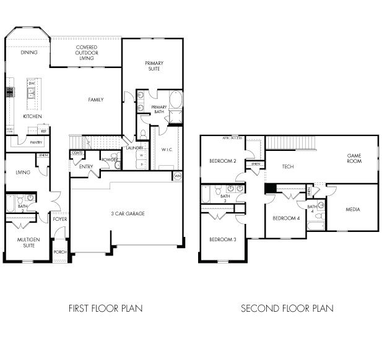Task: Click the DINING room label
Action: [x=28, y=53]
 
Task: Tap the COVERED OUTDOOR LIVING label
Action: [x=86, y=53]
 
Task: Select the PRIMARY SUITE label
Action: [x=154, y=66]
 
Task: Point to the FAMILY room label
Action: [x=95, y=100]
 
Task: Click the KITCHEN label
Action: [x=32, y=116]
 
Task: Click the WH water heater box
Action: [x=178, y=176]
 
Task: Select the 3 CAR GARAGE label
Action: [x=128, y=213]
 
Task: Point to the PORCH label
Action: [x=60, y=252]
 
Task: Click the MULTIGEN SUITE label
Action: [x=25, y=242]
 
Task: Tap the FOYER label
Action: [x=60, y=219]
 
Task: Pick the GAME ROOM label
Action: [x=354, y=159]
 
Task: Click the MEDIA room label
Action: [x=353, y=210]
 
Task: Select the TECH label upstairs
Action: [x=288, y=166]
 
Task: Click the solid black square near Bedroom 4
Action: [x=270, y=188]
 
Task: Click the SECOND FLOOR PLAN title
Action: [x=287, y=308]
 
